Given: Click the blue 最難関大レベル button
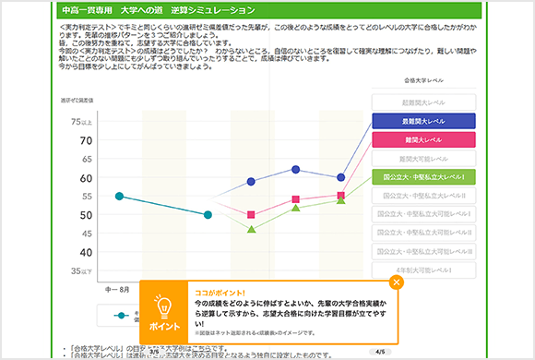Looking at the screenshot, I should (x=423, y=121).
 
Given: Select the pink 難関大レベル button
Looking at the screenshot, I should (x=423, y=139).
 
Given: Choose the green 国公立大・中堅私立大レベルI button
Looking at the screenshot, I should (x=423, y=176).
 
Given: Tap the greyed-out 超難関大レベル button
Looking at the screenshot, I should (x=423, y=102).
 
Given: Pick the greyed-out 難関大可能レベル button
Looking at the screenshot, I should (x=423, y=158).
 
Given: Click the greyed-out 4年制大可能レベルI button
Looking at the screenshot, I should (x=423, y=270).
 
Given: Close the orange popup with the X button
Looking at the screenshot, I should (x=397, y=282).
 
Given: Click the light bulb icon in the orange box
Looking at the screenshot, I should (x=162, y=307).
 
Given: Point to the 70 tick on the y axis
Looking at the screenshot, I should (x=86, y=140).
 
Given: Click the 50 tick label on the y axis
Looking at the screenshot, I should (x=86, y=215).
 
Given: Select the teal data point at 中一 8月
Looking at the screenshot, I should (x=119, y=196).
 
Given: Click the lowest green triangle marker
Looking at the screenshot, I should (x=252, y=229).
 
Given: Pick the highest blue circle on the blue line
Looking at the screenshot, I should (x=296, y=169).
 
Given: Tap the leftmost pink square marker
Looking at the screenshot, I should (x=252, y=214).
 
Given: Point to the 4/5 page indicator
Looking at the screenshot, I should (x=381, y=352).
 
